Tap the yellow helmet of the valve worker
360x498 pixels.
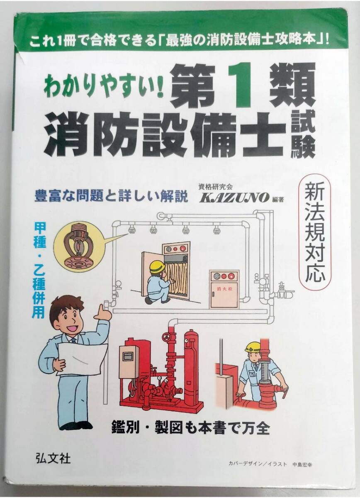point(253,347)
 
